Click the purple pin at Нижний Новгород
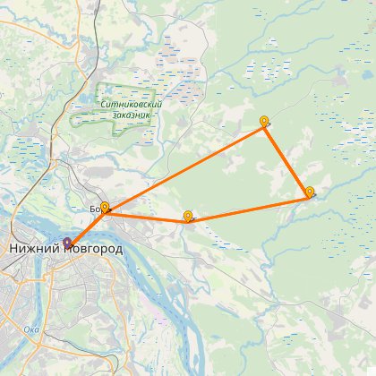[x=69, y=242]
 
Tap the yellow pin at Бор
[x=105, y=209]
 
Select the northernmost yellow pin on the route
[x=263, y=121]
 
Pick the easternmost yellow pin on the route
[x=309, y=192]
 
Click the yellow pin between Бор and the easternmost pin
[x=187, y=216]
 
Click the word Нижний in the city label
[x=34, y=248]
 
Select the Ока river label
[x=31, y=329]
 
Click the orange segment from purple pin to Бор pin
[x=87, y=227]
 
